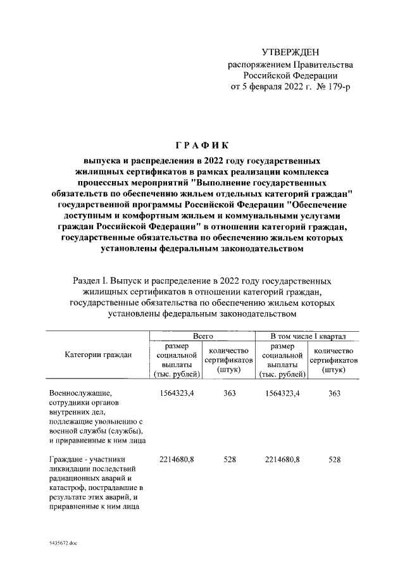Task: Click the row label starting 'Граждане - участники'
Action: click(89, 460)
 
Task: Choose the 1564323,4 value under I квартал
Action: click(278, 394)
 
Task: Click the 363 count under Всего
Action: click(229, 394)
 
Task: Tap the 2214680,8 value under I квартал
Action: click(278, 460)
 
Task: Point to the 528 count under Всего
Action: click(229, 460)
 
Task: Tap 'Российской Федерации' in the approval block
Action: click(290, 75)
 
